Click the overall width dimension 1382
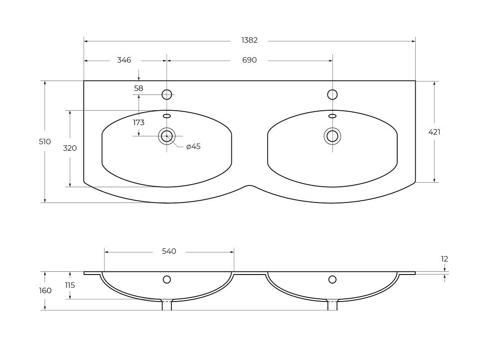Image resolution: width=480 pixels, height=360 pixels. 249,40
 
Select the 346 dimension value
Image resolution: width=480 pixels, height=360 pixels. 124,60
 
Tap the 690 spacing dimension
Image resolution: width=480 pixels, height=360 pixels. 249,60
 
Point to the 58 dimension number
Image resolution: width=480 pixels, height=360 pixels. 139,89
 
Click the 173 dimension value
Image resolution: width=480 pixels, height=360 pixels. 139,123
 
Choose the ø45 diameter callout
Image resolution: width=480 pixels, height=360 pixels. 193,146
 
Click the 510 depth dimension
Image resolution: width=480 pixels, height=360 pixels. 45,142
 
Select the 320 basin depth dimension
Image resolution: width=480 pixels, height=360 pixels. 70,148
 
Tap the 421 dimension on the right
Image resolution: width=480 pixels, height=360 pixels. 434,132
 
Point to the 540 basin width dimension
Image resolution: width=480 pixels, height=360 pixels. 169,252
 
